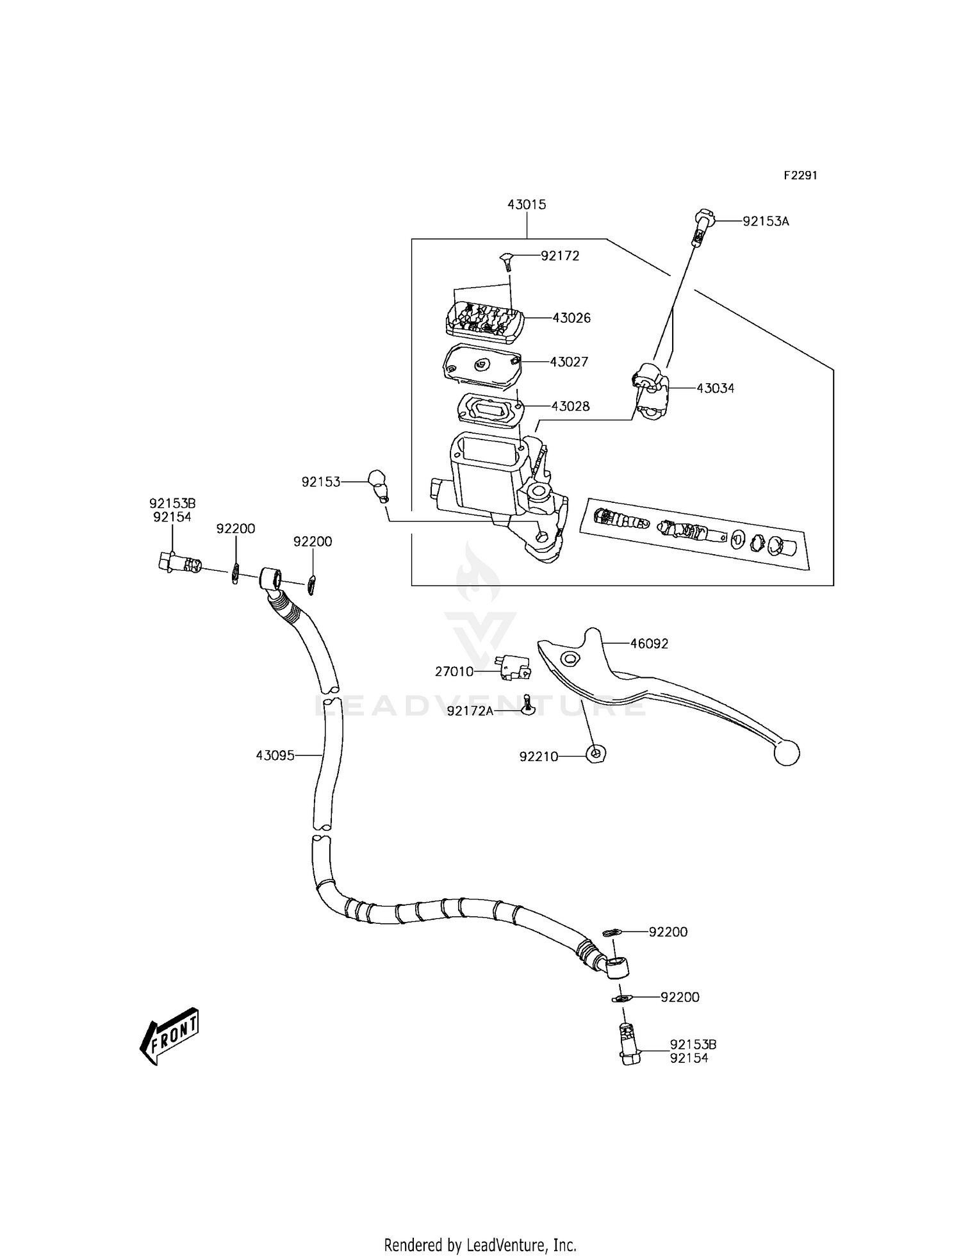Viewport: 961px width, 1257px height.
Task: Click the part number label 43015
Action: tap(527, 205)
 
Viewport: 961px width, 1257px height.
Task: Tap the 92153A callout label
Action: tap(766, 222)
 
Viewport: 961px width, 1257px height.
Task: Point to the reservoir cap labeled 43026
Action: tap(484, 318)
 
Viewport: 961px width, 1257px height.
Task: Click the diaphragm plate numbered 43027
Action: tap(481, 366)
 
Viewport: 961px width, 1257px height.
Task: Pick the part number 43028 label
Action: tap(570, 406)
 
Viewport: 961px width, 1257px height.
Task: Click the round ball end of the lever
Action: tap(787, 752)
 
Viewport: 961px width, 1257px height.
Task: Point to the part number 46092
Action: tap(649, 644)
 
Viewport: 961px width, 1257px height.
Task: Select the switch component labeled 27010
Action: tap(513, 666)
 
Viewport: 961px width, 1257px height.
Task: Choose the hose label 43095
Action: tap(275, 756)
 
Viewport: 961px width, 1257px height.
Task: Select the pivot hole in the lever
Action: tap(568, 659)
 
